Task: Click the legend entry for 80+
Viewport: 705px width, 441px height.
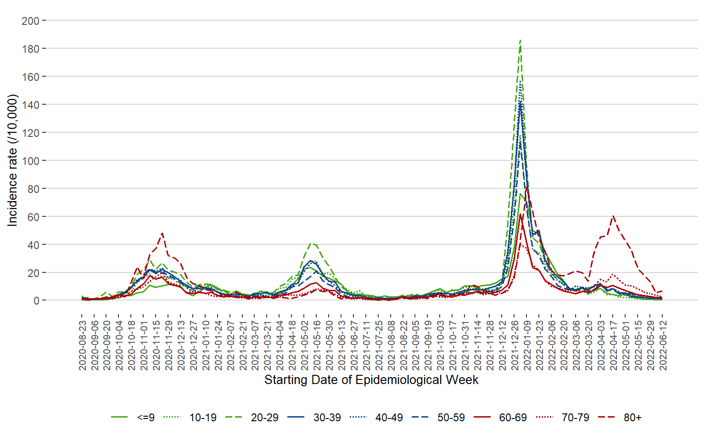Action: coord(632,418)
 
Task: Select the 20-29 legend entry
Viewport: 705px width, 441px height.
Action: coord(264,418)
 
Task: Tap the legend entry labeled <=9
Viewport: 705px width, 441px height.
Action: coord(145,418)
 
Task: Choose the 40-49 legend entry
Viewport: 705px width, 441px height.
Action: coord(389,418)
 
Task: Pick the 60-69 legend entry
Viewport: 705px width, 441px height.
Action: coord(513,418)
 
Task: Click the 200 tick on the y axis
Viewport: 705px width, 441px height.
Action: coord(30,21)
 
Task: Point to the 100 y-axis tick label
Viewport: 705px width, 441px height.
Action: coord(30,161)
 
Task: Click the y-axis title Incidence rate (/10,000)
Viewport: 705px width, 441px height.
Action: coord(12,160)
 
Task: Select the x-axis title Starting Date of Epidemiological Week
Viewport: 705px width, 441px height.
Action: coord(371,380)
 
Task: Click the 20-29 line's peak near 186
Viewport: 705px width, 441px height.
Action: coord(520,40)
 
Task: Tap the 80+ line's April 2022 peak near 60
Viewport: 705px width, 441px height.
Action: coord(613,216)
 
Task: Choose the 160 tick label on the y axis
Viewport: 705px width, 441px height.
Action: coord(30,77)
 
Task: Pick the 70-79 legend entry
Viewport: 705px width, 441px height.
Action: coord(575,418)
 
